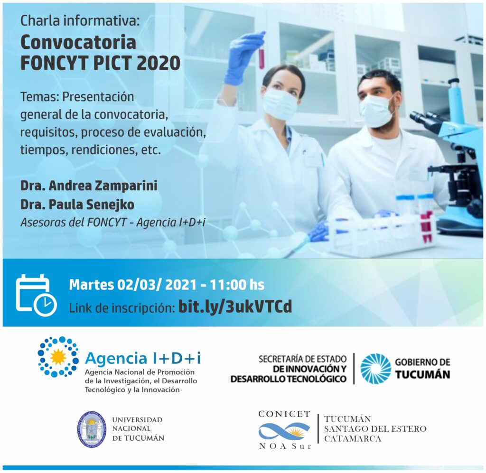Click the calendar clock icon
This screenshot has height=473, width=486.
pos(36,295)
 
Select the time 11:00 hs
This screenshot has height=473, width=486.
pos(237,285)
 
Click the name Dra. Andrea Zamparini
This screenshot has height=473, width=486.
pos(89,186)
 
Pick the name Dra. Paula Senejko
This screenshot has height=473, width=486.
pos(77,205)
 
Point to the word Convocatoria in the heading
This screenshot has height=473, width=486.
pos(78,42)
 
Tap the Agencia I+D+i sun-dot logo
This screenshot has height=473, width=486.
pos(58,357)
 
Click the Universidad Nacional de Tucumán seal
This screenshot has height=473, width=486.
pos(91,429)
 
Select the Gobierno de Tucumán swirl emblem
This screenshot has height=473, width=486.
pos(376,369)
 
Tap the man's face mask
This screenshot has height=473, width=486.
pos(376,111)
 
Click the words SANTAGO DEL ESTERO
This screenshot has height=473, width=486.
pos(375,429)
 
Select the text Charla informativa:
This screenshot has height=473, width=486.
pos(80,21)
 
